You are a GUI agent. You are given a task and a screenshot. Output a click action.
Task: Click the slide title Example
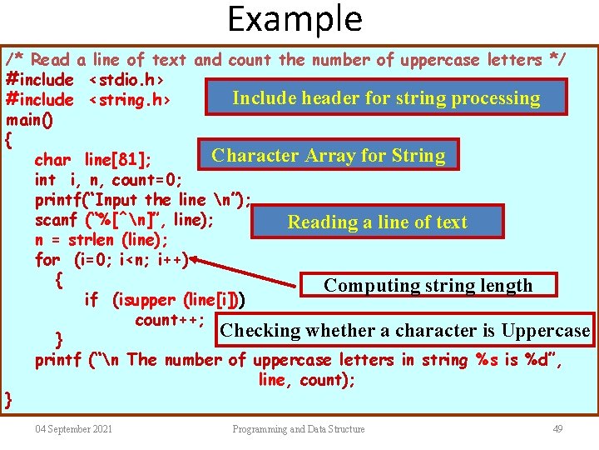tap(295, 19)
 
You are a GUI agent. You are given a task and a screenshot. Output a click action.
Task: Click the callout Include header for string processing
tap(386, 98)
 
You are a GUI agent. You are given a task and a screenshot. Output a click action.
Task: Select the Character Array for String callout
tap(328, 155)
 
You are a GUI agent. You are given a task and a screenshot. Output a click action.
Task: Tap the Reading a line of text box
tap(377, 222)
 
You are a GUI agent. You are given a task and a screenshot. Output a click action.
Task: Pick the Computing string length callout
tap(428, 285)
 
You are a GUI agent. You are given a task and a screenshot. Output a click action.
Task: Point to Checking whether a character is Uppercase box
tap(404, 330)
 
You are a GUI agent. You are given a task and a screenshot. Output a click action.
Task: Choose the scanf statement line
tap(124, 220)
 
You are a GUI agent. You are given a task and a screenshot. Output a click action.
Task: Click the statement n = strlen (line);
tap(101, 240)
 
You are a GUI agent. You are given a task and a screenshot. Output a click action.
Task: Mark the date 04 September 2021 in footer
tap(74, 429)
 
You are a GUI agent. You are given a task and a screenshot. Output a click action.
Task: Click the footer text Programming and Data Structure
tap(299, 429)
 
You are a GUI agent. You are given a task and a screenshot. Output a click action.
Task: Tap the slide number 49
tap(557, 429)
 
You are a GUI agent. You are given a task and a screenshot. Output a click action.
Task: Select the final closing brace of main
tap(8, 400)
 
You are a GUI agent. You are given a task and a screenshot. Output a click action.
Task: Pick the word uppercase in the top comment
tap(442, 60)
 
